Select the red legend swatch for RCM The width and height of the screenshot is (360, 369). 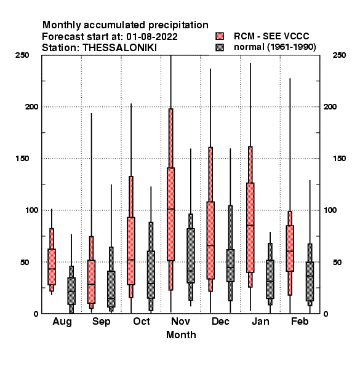coord(220,36)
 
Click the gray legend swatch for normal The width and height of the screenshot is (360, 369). coord(220,47)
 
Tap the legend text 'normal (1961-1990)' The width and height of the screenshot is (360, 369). coord(274,47)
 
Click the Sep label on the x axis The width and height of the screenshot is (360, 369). coord(102,322)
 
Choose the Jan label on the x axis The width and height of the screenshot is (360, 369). coord(260,321)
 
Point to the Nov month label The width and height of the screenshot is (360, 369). coord(180,321)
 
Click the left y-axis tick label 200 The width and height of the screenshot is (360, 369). coord(31,106)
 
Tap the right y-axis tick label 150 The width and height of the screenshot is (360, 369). coord(339,159)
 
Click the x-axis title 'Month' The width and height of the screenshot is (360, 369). coord(181,335)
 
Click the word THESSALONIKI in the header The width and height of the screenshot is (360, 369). coord(119,48)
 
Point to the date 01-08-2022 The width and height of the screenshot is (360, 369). coord(152,37)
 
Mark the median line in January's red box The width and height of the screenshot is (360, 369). coord(250,225)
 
